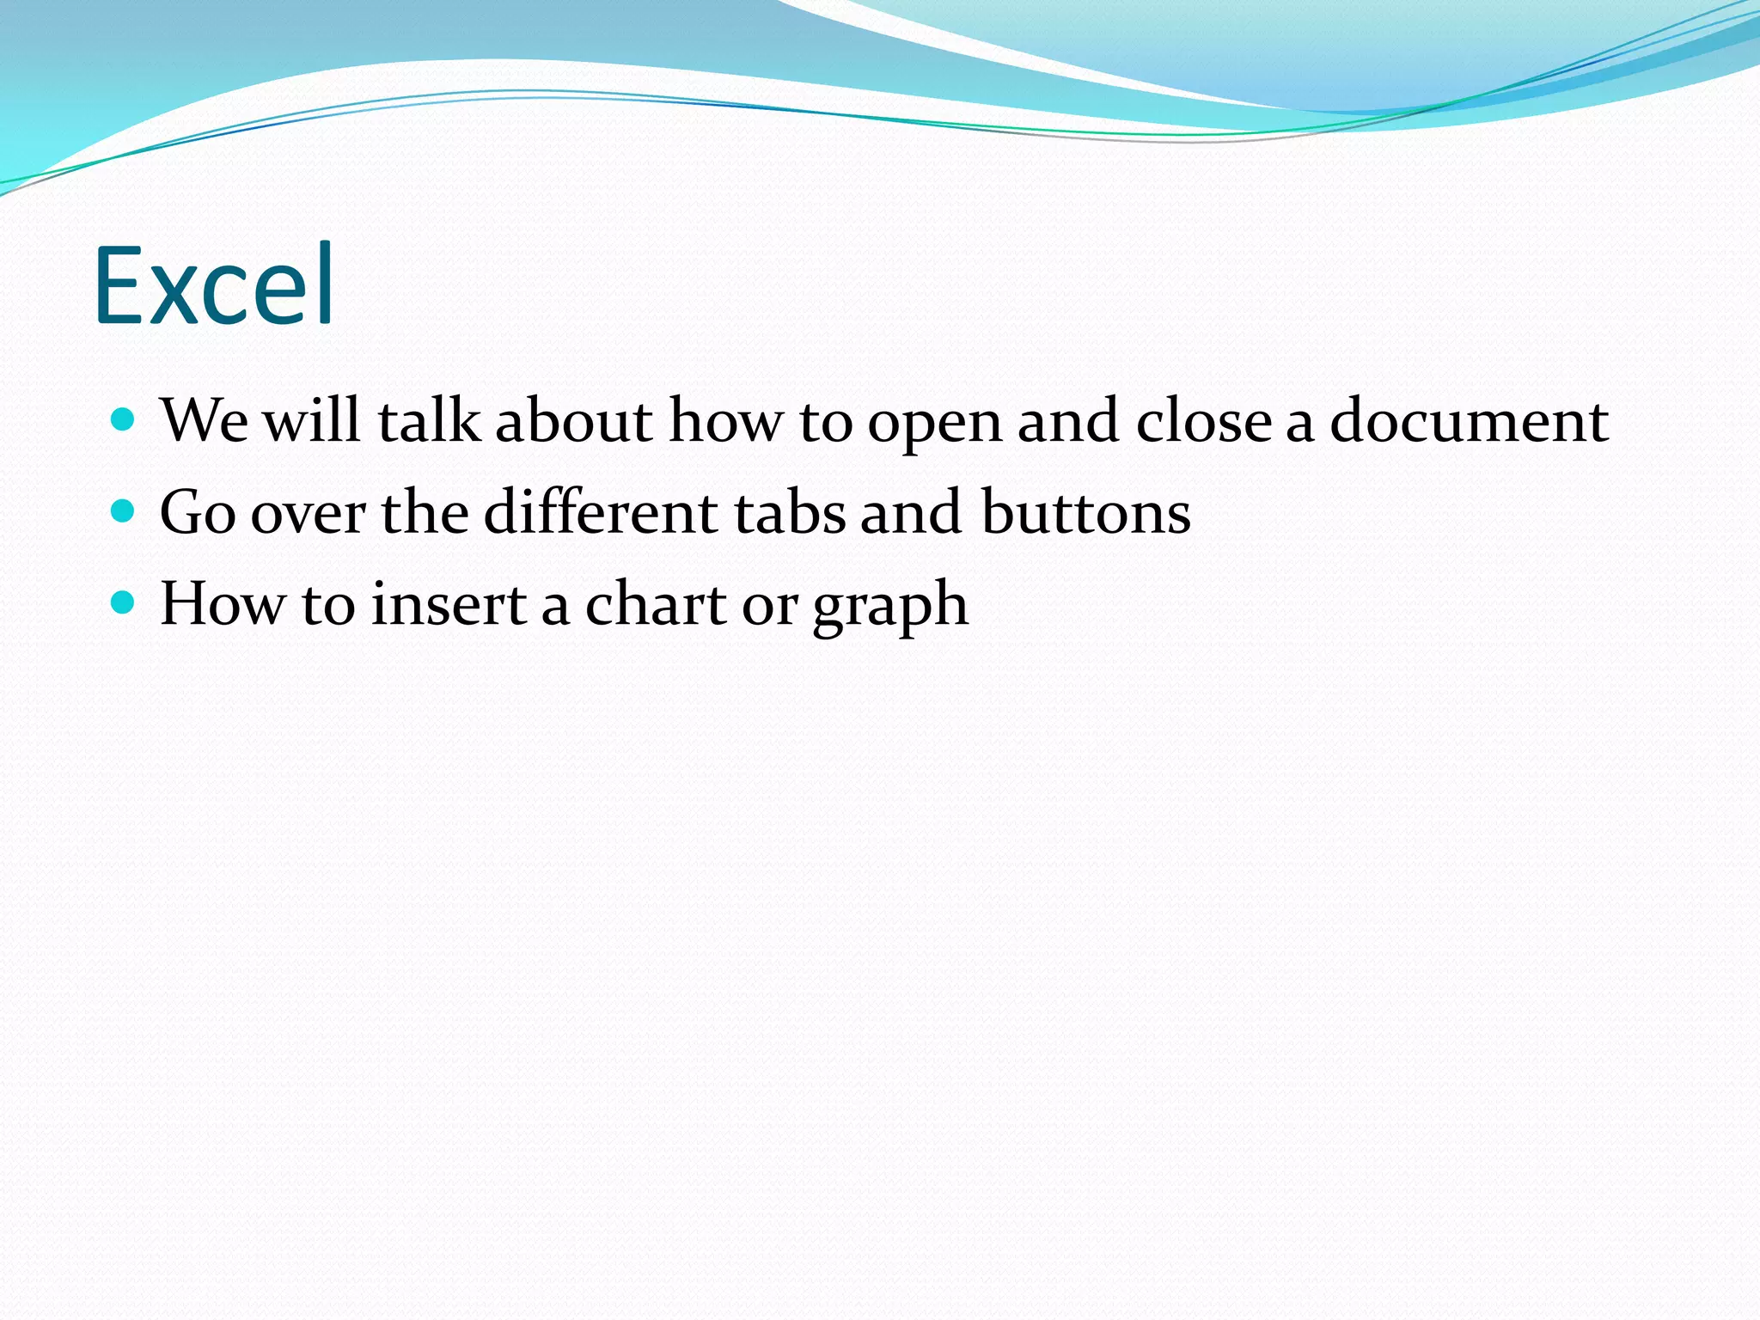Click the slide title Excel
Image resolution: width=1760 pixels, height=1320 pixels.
click(x=214, y=285)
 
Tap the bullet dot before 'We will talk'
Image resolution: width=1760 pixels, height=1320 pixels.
click(x=124, y=419)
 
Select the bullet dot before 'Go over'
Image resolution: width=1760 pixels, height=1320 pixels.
click(x=124, y=511)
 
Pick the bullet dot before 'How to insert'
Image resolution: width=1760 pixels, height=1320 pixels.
click(x=124, y=602)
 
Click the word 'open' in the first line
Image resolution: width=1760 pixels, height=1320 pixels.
click(x=934, y=425)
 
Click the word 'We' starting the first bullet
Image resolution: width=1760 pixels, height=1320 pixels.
click(x=205, y=421)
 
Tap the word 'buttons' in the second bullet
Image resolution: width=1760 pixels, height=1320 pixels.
click(x=1086, y=512)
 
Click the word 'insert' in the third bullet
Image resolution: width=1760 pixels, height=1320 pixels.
click(x=449, y=603)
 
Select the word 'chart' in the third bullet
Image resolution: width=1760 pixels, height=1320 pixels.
click(x=656, y=603)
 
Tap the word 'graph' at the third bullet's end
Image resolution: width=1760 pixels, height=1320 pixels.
click(x=890, y=607)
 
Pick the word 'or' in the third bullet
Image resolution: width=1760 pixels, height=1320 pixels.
click(x=770, y=607)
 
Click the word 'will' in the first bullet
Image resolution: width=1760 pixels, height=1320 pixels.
click(x=311, y=421)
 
